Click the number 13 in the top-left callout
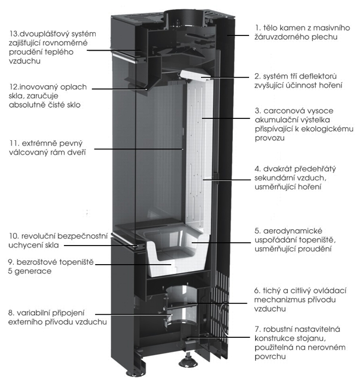[13, 33]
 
